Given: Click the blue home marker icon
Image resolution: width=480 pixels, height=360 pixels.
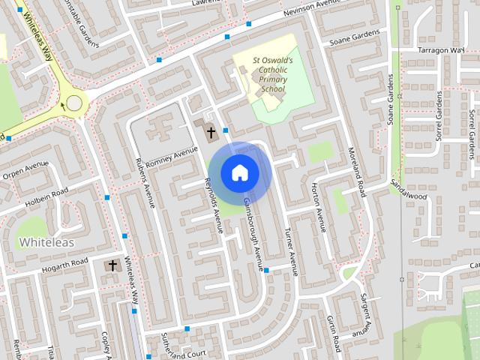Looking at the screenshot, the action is [239, 172].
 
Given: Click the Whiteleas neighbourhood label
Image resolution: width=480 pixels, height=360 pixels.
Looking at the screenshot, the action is [46, 242].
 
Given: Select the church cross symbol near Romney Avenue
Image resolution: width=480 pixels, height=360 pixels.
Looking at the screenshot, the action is [211, 133].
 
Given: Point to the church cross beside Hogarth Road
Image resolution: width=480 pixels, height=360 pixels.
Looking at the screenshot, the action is [113, 265].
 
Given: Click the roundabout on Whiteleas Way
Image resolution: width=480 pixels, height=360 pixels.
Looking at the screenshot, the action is [74, 103].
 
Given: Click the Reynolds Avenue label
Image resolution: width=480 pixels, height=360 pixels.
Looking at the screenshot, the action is [213, 205].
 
